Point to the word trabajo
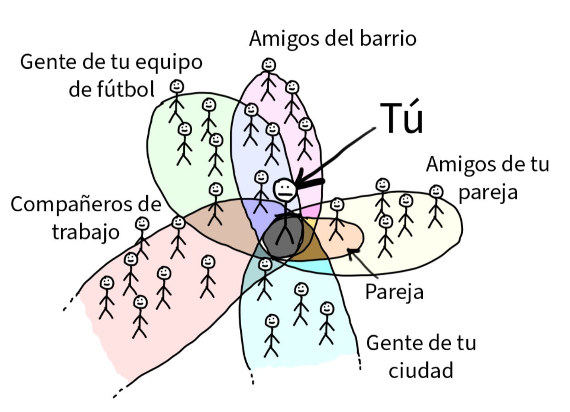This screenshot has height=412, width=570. [85, 232]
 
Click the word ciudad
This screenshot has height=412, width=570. [421, 370]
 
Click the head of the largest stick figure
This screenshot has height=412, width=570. [285, 189]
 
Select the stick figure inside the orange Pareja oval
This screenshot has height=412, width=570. [337, 219]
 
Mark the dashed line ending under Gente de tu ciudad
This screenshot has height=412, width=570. [360, 363]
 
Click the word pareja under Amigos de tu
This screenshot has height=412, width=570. [488, 192]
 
